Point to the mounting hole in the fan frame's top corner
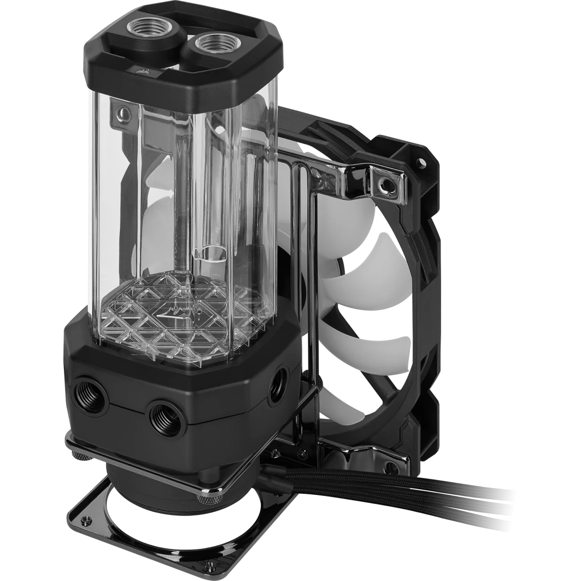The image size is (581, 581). tap(421, 158)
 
